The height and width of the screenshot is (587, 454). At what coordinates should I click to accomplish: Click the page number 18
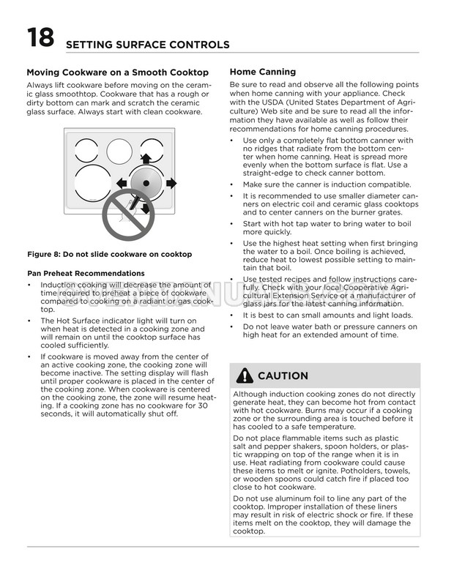click(x=40, y=37)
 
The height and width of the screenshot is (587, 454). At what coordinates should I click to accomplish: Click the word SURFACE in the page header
click(x=134, y=45)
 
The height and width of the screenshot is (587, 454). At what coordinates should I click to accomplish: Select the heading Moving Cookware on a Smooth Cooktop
click(x=117, y=72)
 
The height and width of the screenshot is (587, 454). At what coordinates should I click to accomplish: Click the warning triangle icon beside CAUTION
click(x=245, y=375)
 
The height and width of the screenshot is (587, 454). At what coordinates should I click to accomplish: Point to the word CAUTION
click(x=283, y=375)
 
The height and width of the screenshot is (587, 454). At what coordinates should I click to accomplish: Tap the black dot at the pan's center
click(x=146, y=183)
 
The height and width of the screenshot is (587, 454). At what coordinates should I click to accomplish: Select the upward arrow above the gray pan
click(x=146, y=158)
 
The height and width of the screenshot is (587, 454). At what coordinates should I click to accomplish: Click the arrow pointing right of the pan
click(x=171, y=183)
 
